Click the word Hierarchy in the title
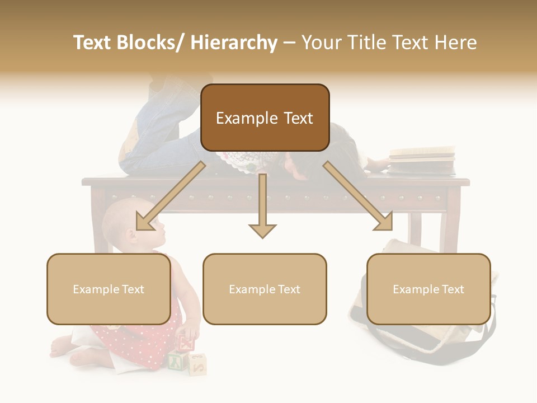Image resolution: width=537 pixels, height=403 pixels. (x=234, y=43)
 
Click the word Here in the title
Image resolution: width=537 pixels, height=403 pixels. (x=455, y=43)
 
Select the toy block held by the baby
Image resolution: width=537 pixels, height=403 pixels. (x=186, y=342)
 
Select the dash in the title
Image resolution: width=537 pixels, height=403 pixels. (x=289, y=43)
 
